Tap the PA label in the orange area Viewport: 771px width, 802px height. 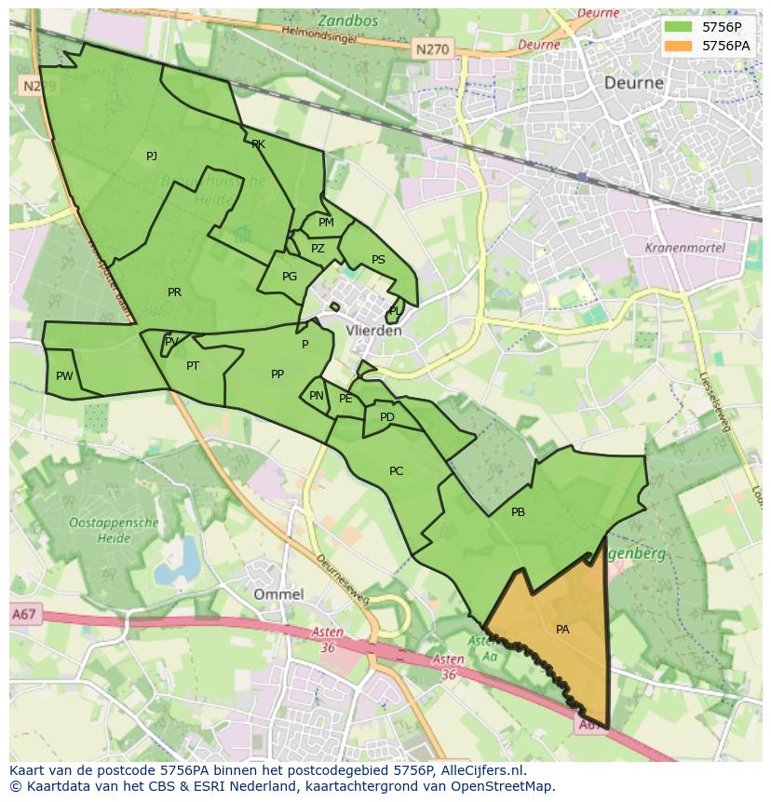[562, 630]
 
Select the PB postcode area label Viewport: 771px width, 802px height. [518, 512]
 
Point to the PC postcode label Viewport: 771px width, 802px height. [396, 471]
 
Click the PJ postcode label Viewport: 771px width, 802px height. [152, 156]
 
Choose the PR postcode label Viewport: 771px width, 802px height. [174, 292]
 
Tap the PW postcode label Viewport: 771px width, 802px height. [63, 376]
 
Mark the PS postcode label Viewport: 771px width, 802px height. [378, 260]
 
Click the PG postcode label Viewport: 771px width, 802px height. [290, 277]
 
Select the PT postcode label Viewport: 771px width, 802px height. [193, 366]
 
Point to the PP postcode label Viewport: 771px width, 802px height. [277, 374]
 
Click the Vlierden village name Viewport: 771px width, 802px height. [373, 331]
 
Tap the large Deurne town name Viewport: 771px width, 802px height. [634, 83]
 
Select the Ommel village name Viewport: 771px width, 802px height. [278, 594]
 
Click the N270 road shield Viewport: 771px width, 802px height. [431, 49]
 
